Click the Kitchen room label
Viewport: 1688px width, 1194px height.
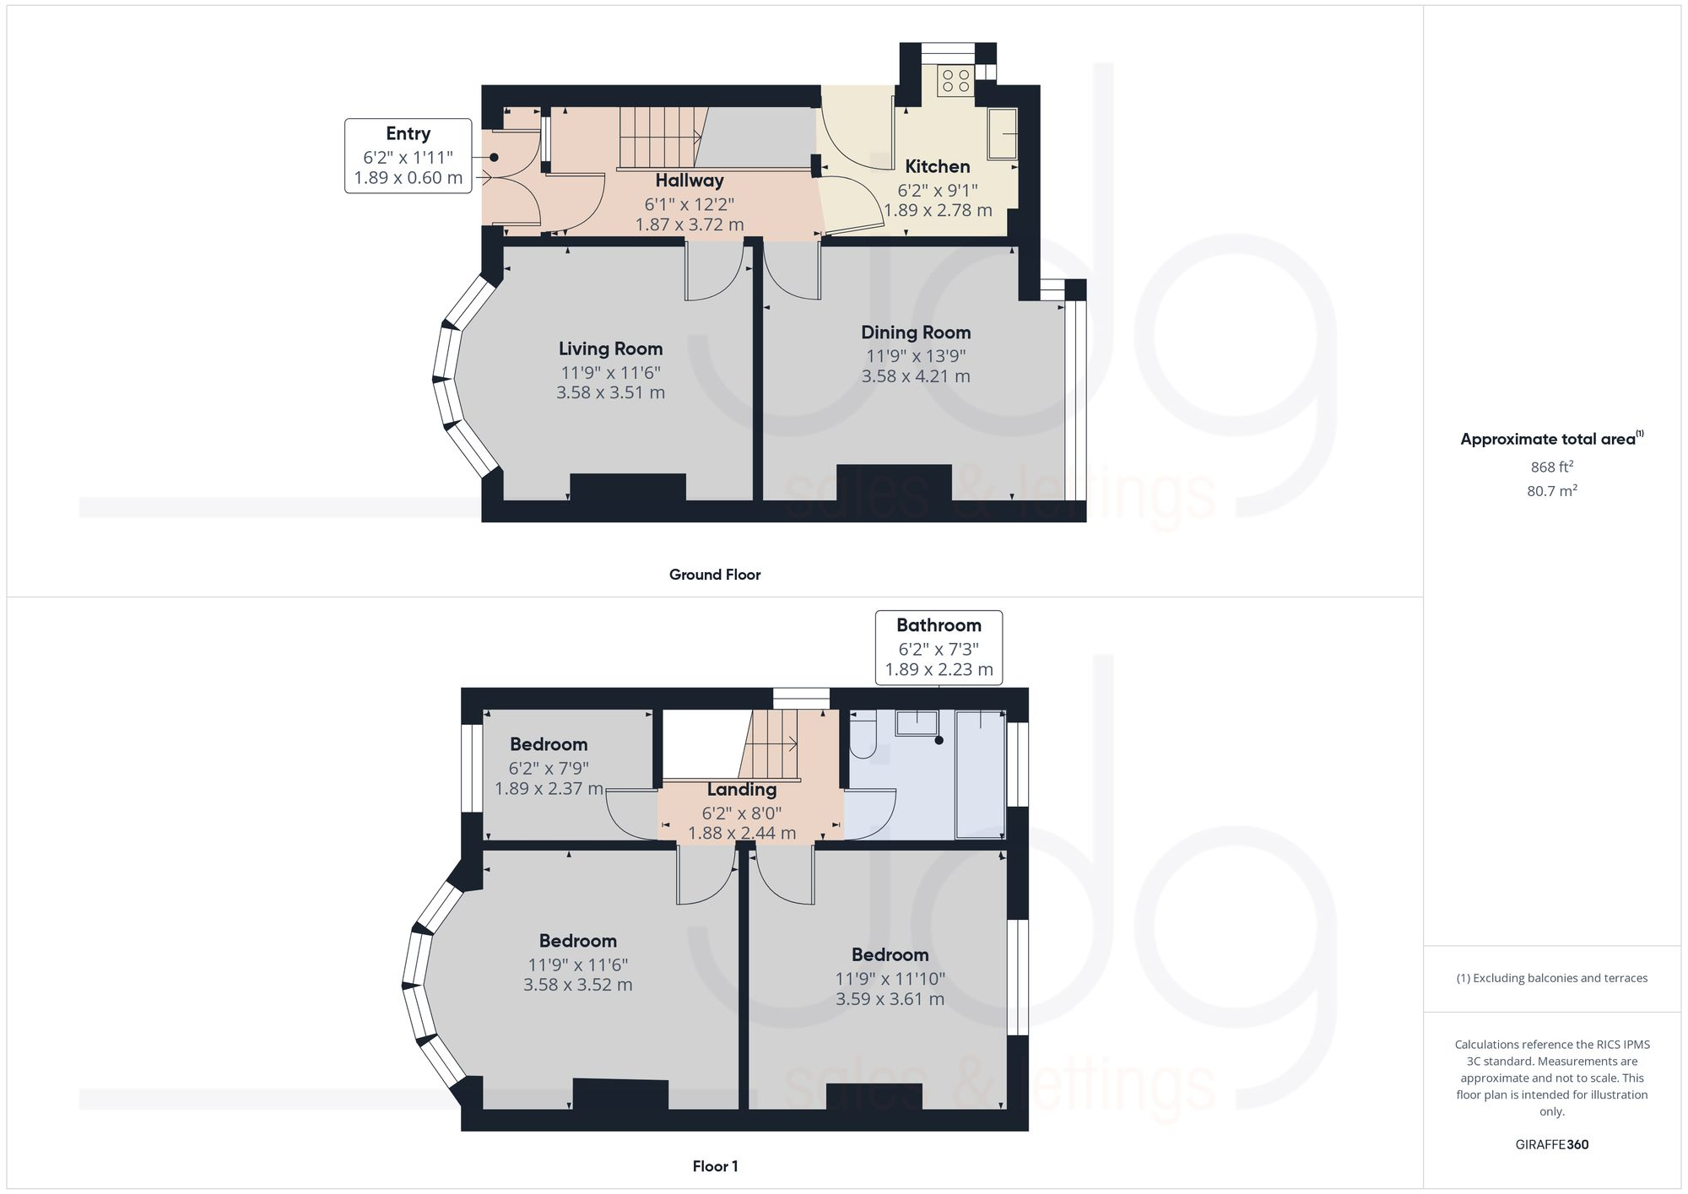point(937,166)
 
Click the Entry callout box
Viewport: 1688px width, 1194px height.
point(408,156)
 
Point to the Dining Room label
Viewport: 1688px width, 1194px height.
point(916,332)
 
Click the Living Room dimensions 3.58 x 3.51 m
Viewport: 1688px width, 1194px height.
point(610,392)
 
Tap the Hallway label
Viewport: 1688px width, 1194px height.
point(690,181)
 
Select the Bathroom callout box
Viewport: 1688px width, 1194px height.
point(939,647)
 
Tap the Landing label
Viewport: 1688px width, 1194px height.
point(741,790)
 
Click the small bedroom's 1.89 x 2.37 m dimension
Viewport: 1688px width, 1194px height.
point(549,789)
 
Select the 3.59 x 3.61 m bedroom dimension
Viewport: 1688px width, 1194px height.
point(890,999)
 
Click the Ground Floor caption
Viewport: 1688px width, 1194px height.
point(715,575)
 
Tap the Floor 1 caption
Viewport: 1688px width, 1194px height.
point(715,1166)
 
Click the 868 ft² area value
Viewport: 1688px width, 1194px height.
point(1551,467)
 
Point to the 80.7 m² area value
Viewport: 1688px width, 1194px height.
point(1551,490)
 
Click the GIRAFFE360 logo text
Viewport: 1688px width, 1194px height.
point(1551,1145)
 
